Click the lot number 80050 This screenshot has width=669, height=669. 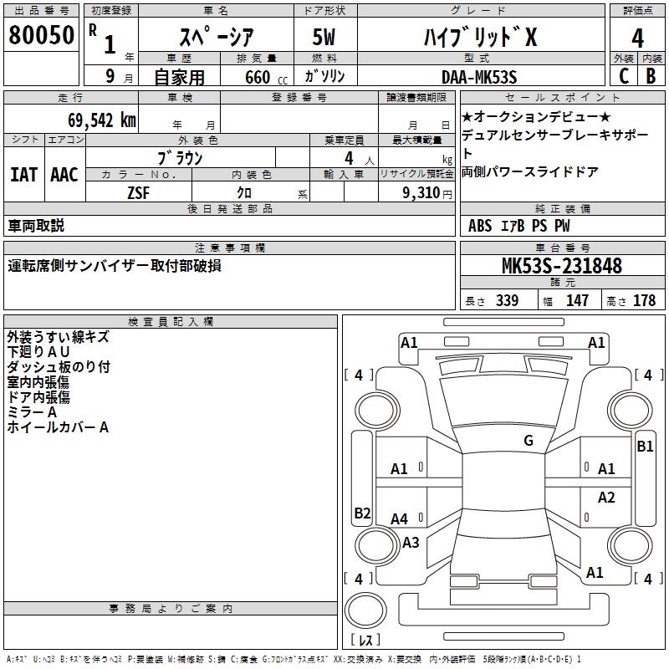[42, 36]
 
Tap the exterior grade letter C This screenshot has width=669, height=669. [624, 74]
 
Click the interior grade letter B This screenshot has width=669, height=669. [651, 74]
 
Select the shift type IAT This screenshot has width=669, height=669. [23, 175]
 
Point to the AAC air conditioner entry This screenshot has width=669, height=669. [64, 175]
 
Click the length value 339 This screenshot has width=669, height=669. [507, 300]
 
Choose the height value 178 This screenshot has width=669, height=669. [644, 300]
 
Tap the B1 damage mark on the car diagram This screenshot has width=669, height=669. [645, 447]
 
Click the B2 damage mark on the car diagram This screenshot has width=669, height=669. [362, 513]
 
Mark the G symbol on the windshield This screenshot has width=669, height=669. [528, 441]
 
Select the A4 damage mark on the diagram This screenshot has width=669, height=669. [400, 518]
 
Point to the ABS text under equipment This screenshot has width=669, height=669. [480, 226]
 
